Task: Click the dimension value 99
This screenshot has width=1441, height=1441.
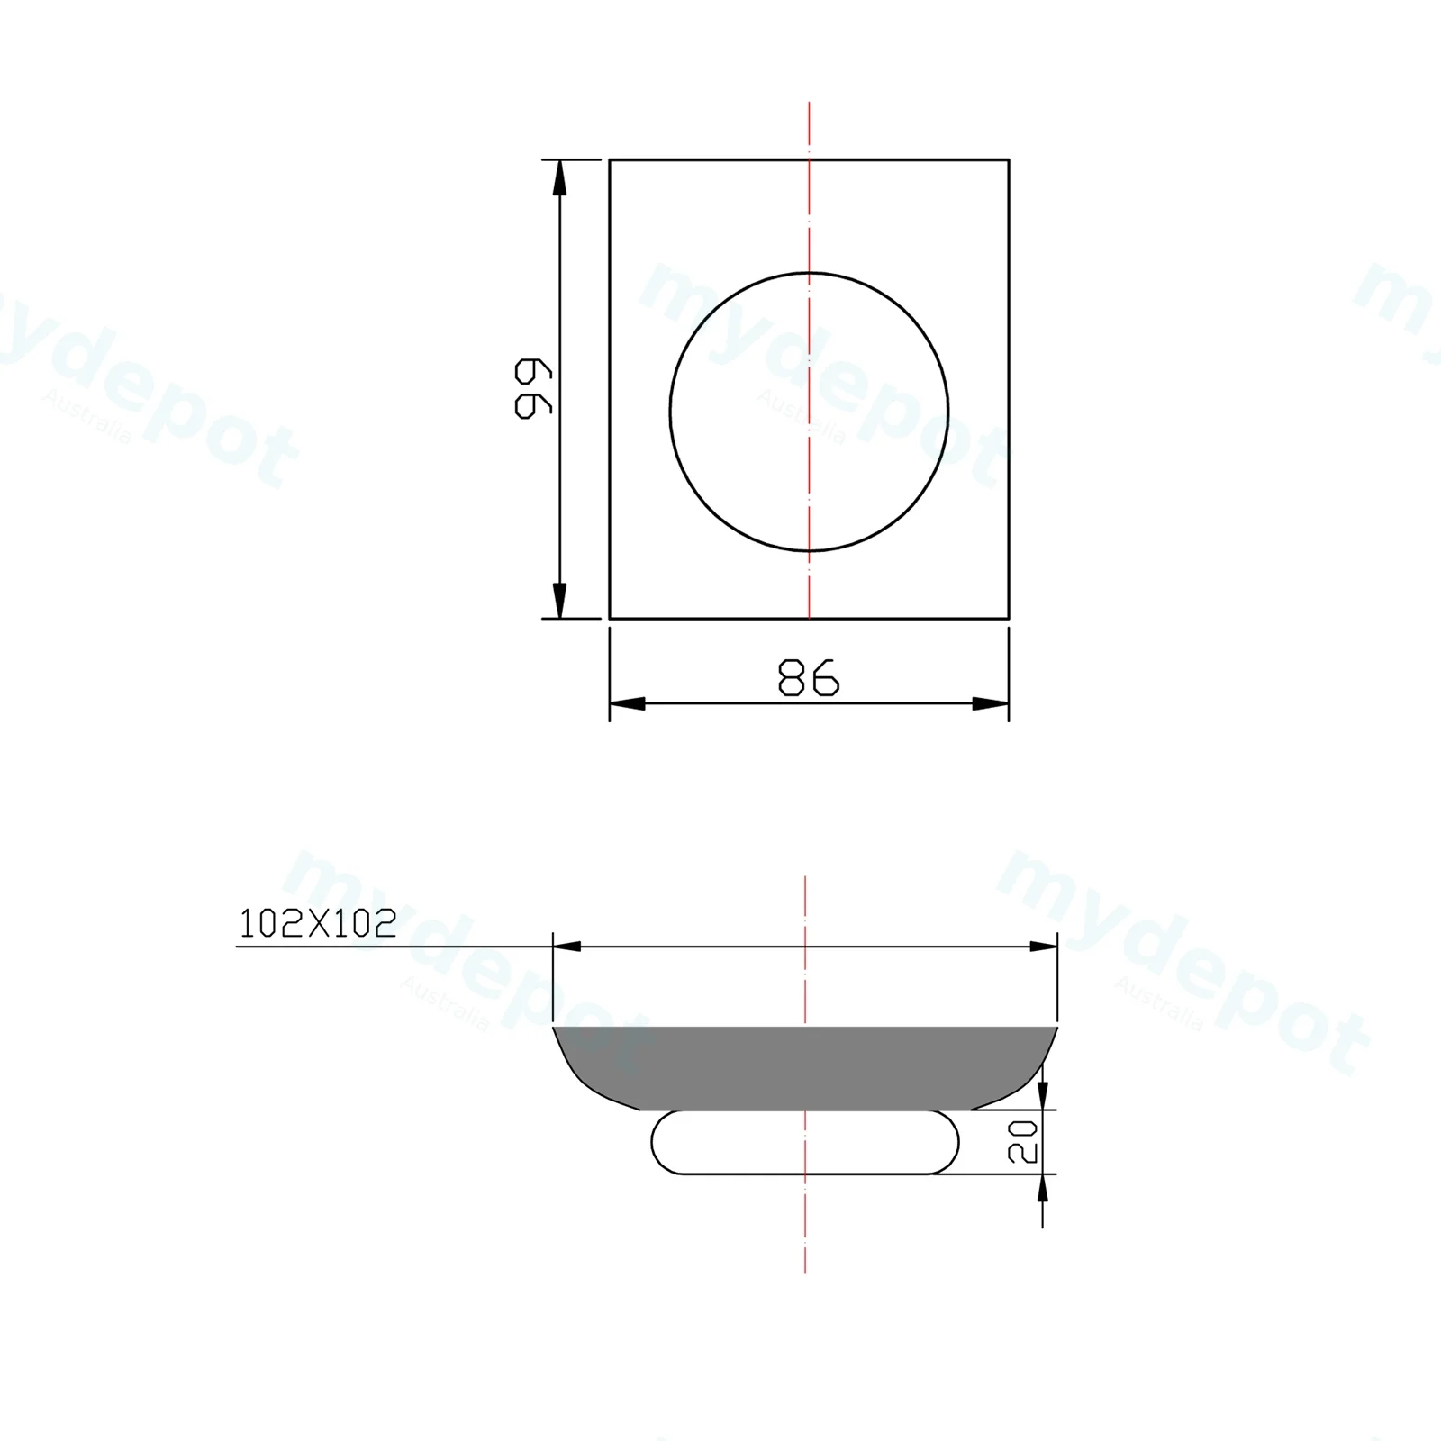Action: pyautogui.click(x=533, y=388)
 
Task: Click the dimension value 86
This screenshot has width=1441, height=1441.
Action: pyautogui.click(x=808, y=678)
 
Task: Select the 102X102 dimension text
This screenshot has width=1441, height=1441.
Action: pyautogui.click(x=318, y=923)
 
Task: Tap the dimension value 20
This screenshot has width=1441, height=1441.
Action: pyautogui.click(x=1024, y=1142)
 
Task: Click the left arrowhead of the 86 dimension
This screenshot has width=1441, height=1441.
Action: pyautogui.click(x=628, y=703)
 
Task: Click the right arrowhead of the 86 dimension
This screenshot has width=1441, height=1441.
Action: pyautogui.click(x=991, y=703)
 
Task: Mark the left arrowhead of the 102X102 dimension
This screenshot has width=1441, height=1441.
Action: pyautogui.click(x=566, y=947)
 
